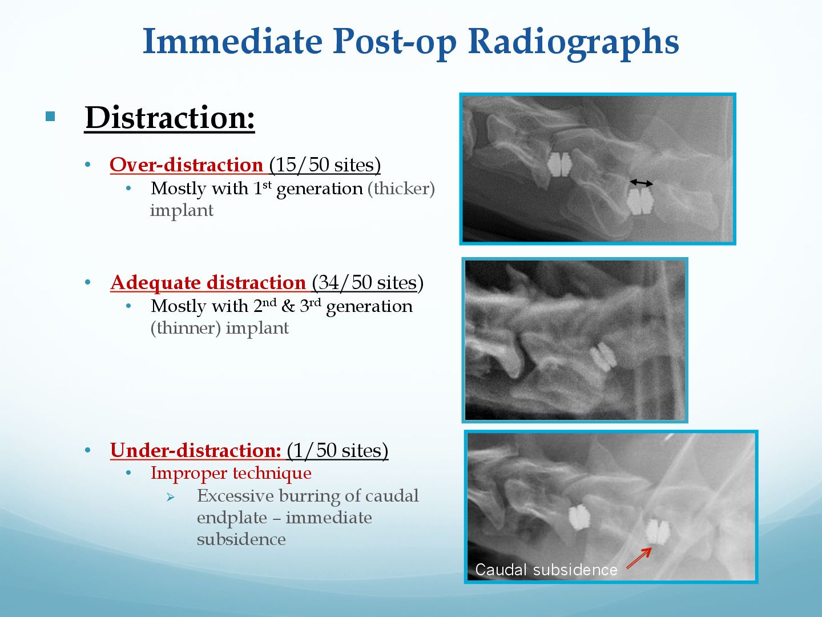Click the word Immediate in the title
[x=232, y=41]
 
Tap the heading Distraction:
[x=170, y=118]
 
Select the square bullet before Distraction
[x=50, y=117]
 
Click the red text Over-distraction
[x=187, y=165]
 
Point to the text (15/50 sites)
[x=325, y=165]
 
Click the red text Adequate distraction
[x=208, y=282]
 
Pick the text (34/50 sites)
[x=368, y=282]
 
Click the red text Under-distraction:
[x=195, y=450]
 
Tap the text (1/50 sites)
[x=337, y=450]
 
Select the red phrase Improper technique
[x=231, y=473]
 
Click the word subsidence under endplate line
[x=241, y=539]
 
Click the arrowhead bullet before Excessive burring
[x=171, y=497]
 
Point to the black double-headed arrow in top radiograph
[x=641, y=183]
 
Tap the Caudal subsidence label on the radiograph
[x=546, y=570]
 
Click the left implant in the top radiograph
[x=559, y=165]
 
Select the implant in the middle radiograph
[x=603, y=356]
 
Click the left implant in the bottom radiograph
[x=579, y=518]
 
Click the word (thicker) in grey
[x=401, y=189]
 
